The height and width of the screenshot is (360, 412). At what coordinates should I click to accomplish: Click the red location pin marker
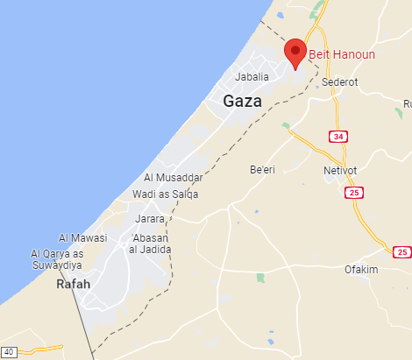pyautogui.click(x=295, y=52)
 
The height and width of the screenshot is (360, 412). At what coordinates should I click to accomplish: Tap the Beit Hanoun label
pyautogui.click(x=341, y=54)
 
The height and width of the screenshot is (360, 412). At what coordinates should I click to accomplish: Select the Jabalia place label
pyautogui.click(x=253, y=77)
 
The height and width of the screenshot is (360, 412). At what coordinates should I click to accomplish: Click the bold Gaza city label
pyautogui.click(x=244, y=101)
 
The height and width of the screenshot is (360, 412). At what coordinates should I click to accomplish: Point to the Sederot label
pyautogui.click(x=340, y=81)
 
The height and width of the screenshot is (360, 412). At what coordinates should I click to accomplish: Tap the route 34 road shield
pyautogui.click(x=337, y=136)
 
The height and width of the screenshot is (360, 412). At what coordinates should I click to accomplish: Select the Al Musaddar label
pyautogui.click(x=180, y=178)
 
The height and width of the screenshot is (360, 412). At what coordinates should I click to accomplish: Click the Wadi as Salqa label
pyautogui.click(x=165, y=194)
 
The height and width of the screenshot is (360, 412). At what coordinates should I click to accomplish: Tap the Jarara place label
pyautogui.click(x=151, y=218)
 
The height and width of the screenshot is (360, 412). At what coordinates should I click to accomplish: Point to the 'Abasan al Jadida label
pyautogui.click(x=151, y=244)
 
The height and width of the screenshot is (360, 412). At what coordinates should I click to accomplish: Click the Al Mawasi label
pyautogui.click(x=82, y=237)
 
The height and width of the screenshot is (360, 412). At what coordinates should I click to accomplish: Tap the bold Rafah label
pyautogui.click(x=73, y=285)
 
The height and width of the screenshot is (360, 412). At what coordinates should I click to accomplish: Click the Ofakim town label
pyautogui.click(x=360, y=269)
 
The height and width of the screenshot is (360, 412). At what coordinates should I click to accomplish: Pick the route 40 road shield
pyautogui.click(x=9, y=351)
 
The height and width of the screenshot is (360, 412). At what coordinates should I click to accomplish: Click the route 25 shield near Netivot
pyautogui.click(x=354, y=193)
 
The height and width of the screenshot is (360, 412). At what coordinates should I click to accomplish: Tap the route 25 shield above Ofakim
pyautogui.click(x=401, y=252)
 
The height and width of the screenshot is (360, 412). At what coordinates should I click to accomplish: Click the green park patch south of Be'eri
pyautogui.click(x=260, y=278)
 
